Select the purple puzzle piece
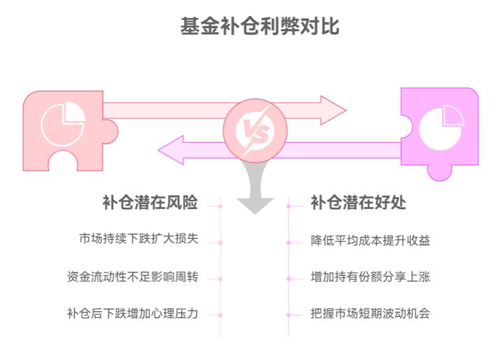pyautogui.click(x=443, y=129)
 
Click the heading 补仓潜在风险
pyautogui.click(x=150, y=203)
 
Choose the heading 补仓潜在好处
pyautogui.click(x=358, y=203)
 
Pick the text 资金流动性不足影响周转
pyautogui.click(x=132, y=277)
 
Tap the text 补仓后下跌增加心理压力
pyautogui.click(x=132, y=314)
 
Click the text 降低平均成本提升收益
pyautogui.click(x=370, y=240)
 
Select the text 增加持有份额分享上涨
pyautogui.click(x=370, y=277)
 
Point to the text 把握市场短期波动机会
pyautogui.click(x=370, y=314)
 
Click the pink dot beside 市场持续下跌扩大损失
pyautogui.click(x=220, y=242)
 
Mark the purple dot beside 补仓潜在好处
pyautogui.click(x=289, y=206)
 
